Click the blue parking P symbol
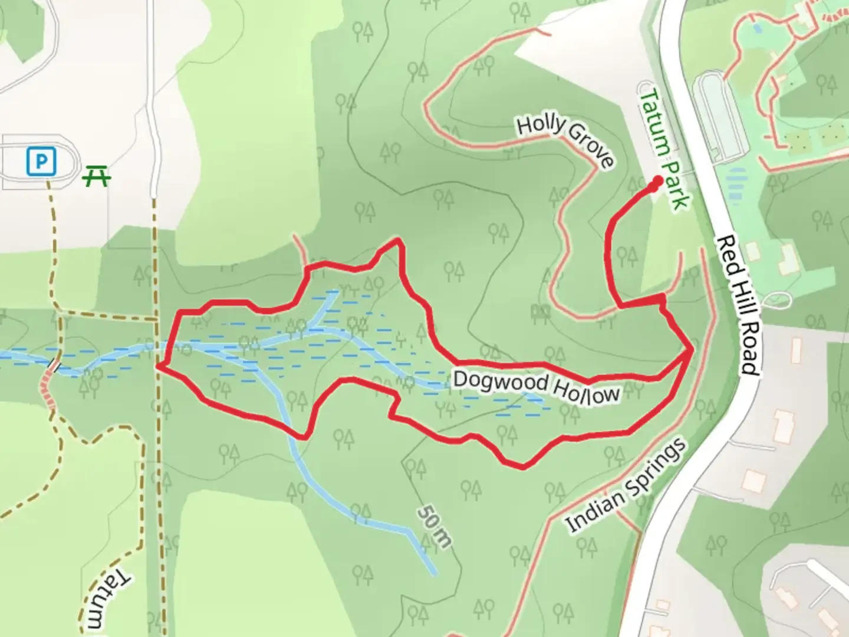(x=41, y=161)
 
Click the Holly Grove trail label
(x=565, y=142)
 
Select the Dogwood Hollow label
(x=537, y=387)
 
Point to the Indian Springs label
(x=626, y=486)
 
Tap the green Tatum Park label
(x=664, y=149)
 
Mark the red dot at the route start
(x=656, y=185)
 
